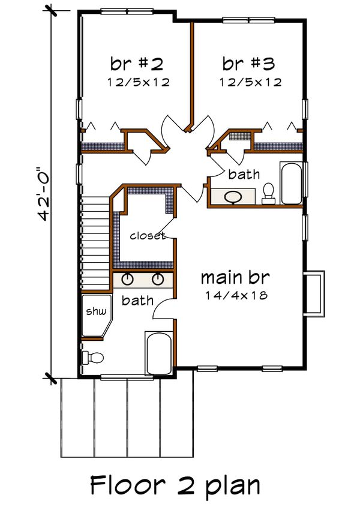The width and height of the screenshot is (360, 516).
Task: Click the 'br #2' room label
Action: pos(137,63)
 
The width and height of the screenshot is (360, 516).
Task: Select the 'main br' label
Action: pos(235,278)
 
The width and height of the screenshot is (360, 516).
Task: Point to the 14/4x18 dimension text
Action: pos(235,295)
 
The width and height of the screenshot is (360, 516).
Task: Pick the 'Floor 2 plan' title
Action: pos(175,485)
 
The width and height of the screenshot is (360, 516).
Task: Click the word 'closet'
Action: pos(147,236)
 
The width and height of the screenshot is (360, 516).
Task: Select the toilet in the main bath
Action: pos(92,358)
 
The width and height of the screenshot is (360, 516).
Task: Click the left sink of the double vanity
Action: pos(128,279)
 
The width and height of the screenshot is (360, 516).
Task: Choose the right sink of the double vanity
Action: pos(158,279)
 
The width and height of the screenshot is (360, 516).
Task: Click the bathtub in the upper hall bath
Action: pos(292,183)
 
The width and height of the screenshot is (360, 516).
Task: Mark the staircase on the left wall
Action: pos(96,240)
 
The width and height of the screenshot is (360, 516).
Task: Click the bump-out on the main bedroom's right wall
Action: pos(314,292)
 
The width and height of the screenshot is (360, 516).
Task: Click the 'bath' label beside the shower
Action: pos(137,300)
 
